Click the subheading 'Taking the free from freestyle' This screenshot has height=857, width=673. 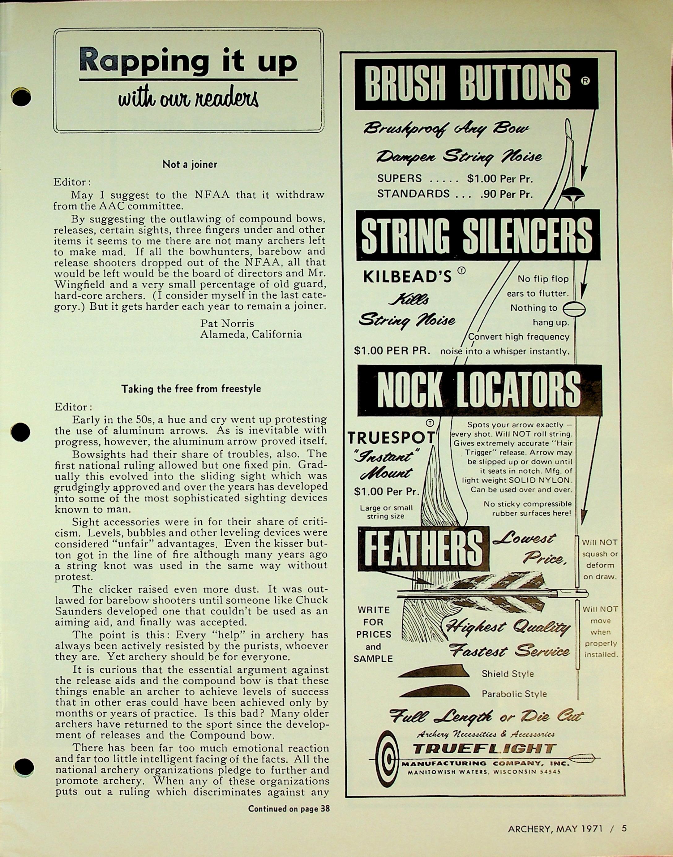coord(191,389)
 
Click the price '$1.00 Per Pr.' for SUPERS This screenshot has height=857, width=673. coord(499,179)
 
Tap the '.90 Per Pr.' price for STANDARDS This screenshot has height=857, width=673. coord(506,194)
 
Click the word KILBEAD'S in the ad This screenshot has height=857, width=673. coord(407,278)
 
